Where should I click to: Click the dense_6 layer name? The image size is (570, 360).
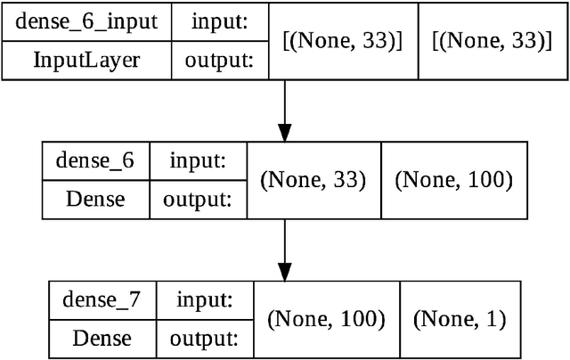(94, 160)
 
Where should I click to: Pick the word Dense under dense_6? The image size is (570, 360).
(94, 199)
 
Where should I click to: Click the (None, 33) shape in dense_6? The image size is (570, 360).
(313, 179)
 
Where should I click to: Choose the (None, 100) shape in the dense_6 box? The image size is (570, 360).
(454, 179)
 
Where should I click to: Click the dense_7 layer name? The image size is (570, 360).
(101, 299)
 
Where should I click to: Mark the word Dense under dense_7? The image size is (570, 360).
(101, 338)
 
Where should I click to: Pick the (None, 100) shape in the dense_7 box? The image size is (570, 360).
(326, 318)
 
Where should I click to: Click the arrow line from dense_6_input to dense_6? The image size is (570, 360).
(284, 102)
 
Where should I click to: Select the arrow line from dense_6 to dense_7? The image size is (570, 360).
(284, 241)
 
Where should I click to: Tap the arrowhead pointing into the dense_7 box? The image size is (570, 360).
(284, 269)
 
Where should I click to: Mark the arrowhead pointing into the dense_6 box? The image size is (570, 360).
(284, 131)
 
